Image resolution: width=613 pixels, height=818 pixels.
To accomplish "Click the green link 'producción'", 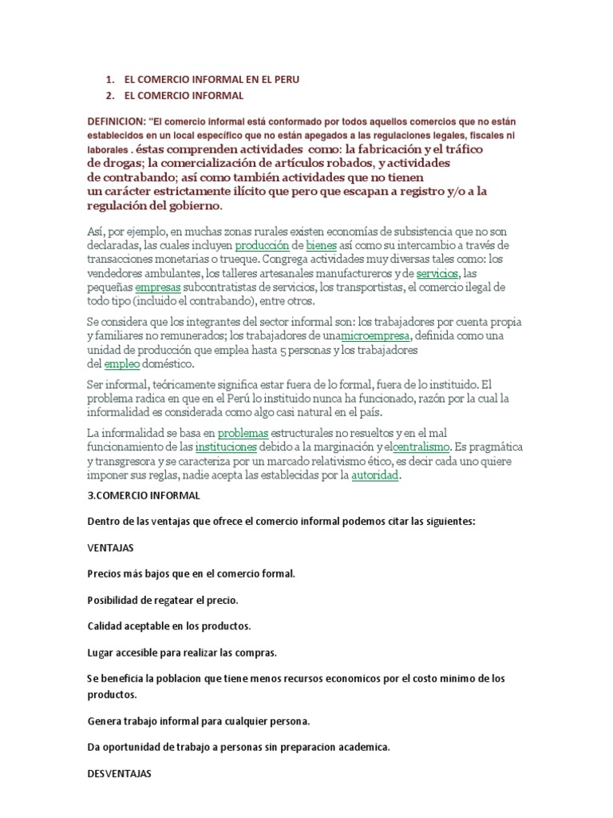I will click(260, 244).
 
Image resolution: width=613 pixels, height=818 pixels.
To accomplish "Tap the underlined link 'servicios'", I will click(437, 273).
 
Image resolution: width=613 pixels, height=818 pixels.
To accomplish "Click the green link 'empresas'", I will click(158, 288).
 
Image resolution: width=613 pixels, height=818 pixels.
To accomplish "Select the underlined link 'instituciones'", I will click(226, 447).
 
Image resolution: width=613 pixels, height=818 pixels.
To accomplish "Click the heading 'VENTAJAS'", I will click(110, 549).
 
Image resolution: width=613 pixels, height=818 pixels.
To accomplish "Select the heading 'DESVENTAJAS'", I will click(118, 774).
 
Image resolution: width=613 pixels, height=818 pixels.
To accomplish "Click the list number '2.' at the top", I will click(110, 96).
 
